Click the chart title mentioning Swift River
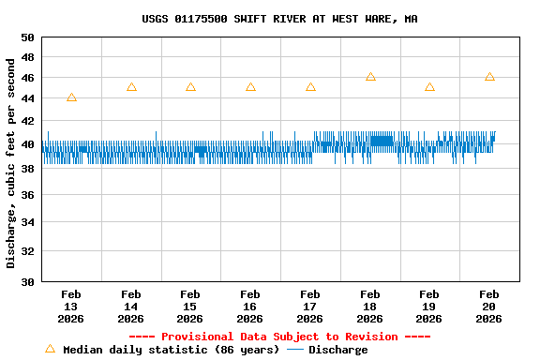279,19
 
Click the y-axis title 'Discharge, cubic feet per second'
11,163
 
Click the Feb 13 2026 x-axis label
71,307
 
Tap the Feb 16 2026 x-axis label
250,307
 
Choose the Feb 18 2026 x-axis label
370,307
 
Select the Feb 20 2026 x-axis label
489,307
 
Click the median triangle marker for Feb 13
71,97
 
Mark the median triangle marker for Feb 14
131,87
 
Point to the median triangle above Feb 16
250,87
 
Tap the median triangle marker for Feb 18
370,77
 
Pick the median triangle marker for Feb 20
489,77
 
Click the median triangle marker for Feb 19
429,87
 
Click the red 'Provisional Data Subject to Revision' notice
279,337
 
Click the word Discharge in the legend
338,350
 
